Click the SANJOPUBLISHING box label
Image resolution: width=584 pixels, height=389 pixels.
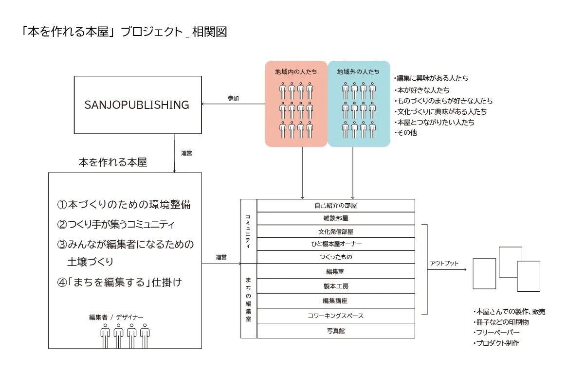(137, 105)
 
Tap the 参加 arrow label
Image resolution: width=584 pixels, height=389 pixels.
(233, 98)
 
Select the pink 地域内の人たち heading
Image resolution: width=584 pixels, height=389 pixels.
(295, 72)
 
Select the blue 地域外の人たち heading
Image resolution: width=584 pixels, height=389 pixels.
(358, 72)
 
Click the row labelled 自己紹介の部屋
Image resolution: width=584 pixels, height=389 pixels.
(336, 206)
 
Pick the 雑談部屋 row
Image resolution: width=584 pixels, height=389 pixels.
(336, 219)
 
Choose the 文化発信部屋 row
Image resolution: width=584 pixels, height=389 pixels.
(336, 231)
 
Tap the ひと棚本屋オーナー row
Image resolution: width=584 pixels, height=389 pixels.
(336, 244)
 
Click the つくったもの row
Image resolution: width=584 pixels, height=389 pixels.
(336, 257)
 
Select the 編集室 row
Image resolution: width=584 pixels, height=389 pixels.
(336, 271)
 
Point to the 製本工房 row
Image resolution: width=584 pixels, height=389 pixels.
(336, 286)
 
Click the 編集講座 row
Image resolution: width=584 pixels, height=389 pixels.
(336, 301)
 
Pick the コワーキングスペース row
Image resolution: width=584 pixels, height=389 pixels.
(336, 316)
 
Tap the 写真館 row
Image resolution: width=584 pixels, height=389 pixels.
(336, 331)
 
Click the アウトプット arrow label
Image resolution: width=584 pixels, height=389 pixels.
(444, 264)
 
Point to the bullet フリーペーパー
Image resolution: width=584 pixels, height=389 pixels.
(497, 333)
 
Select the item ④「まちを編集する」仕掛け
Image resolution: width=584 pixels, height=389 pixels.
(120, 282)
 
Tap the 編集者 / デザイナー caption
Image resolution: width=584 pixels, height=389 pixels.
(116, 317)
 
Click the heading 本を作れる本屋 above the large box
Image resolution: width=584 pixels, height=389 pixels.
(112, 163)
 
